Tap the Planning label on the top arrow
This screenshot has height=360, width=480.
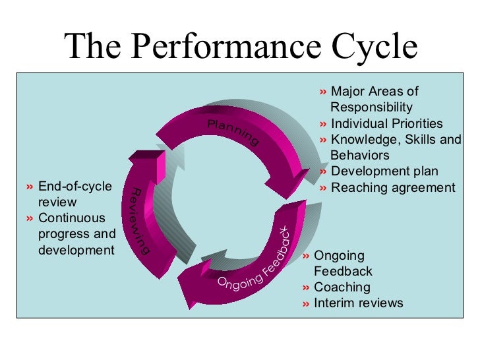coord(233,133)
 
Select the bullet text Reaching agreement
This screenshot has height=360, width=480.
coord(392,188)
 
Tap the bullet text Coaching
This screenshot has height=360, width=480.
coord(342,287)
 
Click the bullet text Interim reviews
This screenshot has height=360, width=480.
coord(358,303)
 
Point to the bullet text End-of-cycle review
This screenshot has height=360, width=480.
coord(75,187)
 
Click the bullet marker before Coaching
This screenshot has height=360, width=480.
coord(307,287)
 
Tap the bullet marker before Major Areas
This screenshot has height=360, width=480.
coord(323,92)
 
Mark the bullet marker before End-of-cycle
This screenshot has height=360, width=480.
coord(32,187)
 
